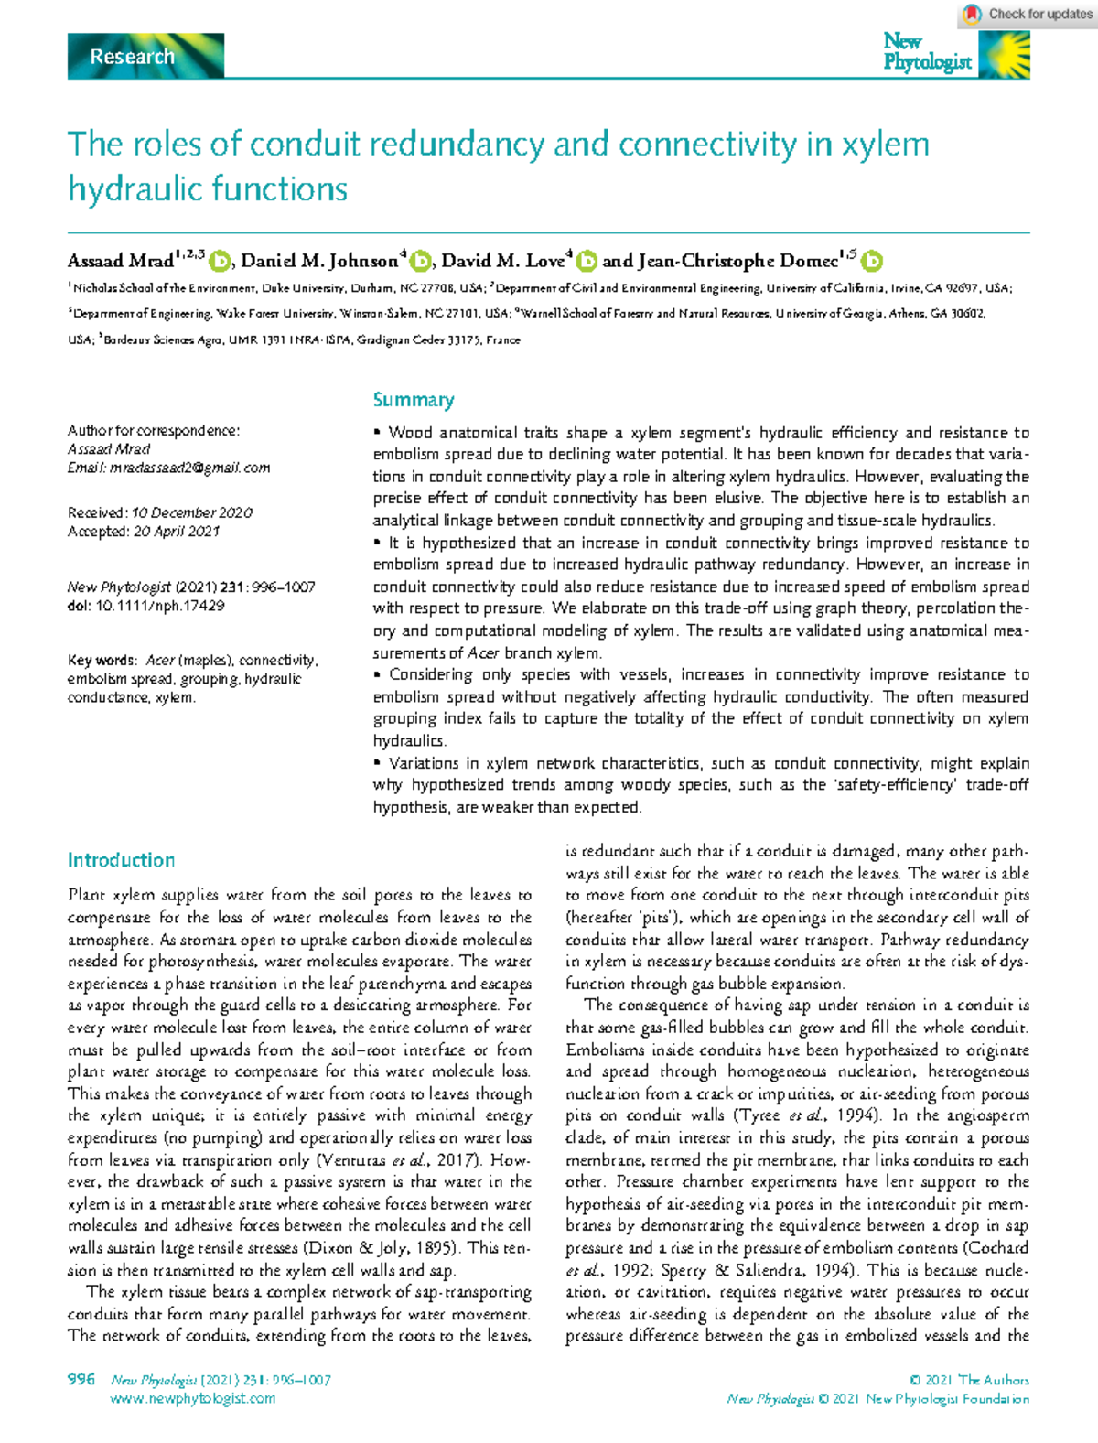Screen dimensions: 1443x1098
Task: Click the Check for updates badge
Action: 1027,14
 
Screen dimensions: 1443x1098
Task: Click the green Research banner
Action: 145,57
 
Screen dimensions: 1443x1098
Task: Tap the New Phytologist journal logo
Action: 955,53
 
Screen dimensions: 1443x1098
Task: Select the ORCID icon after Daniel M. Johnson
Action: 420,262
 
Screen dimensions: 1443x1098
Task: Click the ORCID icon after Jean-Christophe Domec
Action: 873,262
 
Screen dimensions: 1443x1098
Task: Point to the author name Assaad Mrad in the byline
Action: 120,262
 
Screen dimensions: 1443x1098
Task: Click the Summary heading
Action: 414,400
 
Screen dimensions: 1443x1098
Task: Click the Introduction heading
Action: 121,860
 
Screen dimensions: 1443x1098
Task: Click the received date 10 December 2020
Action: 191,512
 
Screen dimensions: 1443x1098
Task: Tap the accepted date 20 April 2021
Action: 177,531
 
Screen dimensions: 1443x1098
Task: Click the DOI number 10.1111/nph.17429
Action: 159,606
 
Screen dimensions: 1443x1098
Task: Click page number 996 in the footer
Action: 81,1379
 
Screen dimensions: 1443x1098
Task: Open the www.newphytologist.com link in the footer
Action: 192,1398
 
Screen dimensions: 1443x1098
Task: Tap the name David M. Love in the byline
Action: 502,262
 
